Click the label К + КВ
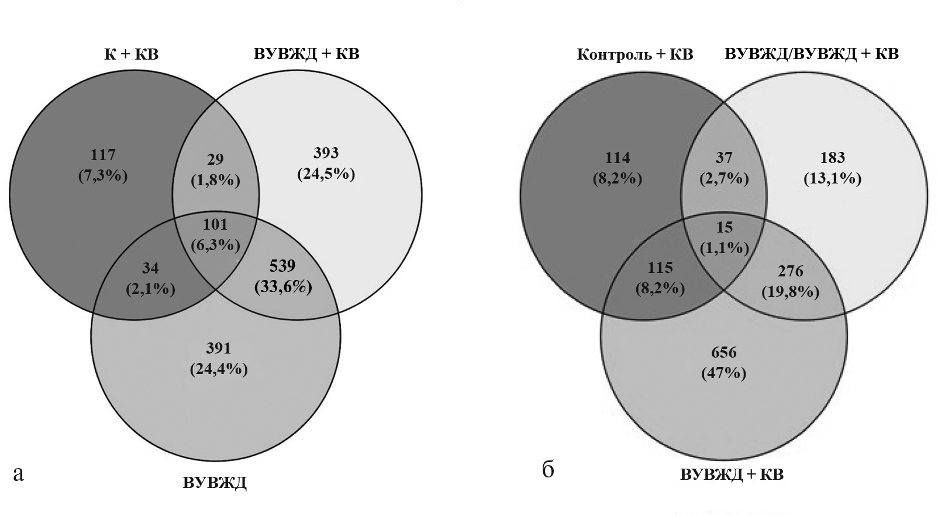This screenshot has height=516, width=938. point(132,54)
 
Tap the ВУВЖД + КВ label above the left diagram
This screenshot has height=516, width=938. point(306,54)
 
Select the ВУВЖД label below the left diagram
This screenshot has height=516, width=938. point(215,483)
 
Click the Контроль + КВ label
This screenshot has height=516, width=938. point(634,54)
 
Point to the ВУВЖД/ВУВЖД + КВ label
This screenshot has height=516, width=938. point(811,54)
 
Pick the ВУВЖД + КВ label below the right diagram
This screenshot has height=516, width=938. point(732,474)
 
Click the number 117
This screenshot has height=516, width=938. point(103,155)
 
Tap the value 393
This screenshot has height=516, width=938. point(326,153)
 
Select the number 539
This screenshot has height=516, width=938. point(282,266)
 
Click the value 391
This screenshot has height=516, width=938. point(218,348)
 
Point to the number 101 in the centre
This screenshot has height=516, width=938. point(215,224)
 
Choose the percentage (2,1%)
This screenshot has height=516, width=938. point(151,288)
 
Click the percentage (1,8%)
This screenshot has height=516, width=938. point(215,180)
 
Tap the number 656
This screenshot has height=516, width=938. point(724,352)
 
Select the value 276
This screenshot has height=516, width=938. point(790,271)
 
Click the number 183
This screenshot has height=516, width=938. point(832,158)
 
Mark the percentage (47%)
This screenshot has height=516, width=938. point(724,373)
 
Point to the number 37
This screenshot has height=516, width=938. point(724,158)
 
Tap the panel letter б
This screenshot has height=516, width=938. point(548,469)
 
